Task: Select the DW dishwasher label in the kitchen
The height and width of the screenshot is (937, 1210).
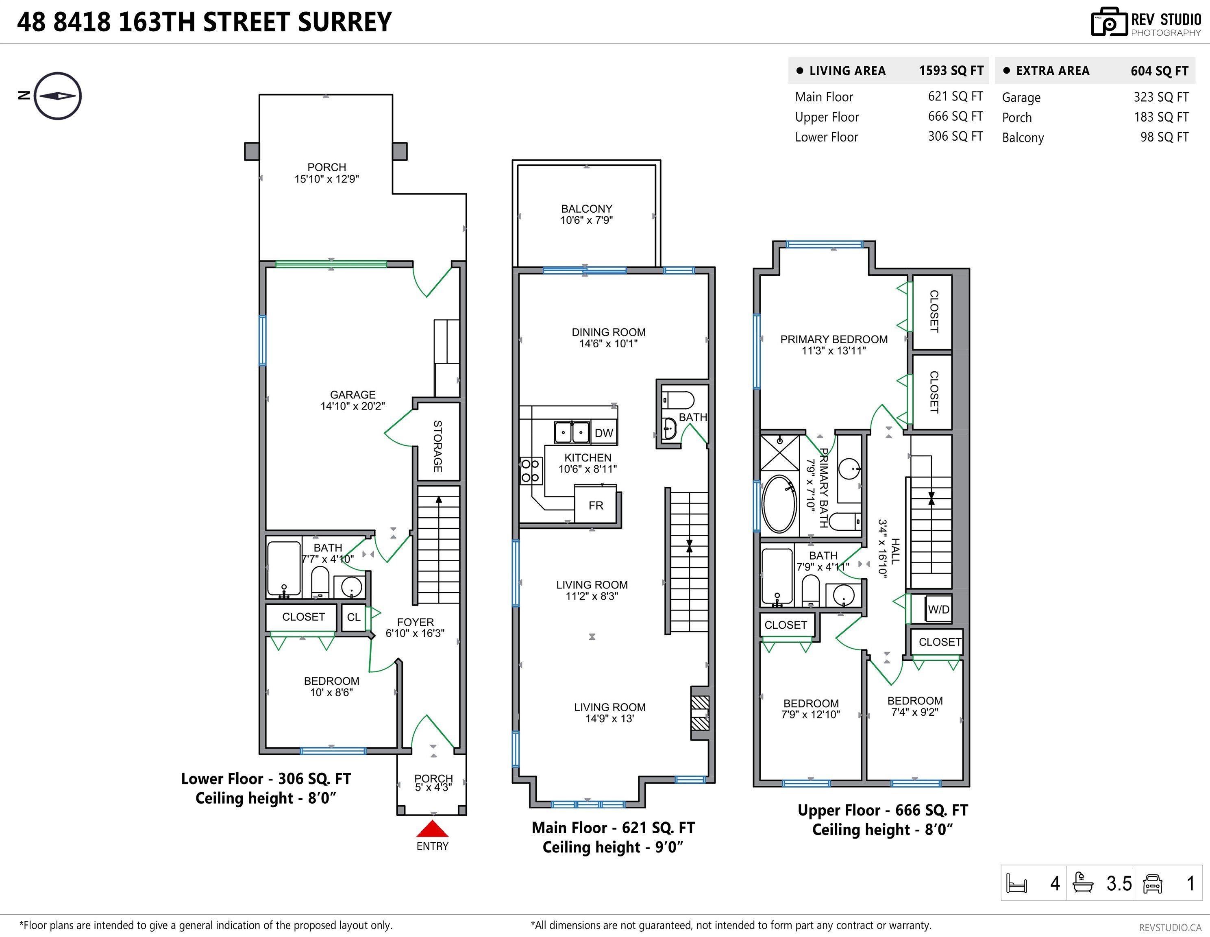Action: (604, 433)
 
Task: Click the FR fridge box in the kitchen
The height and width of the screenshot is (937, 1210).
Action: (596, 504)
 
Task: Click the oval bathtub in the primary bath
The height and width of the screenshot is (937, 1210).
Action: (779, 504)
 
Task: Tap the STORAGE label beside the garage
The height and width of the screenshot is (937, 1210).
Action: (437, 446)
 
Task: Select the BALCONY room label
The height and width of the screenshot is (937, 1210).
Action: (587, 209)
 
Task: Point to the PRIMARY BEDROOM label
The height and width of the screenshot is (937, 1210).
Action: (834, 339)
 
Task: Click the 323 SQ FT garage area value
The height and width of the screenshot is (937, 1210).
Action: (1161, 97)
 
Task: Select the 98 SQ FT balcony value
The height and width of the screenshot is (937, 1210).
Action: (1164, 137)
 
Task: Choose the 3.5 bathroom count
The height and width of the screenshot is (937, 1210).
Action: (1119, 883)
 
